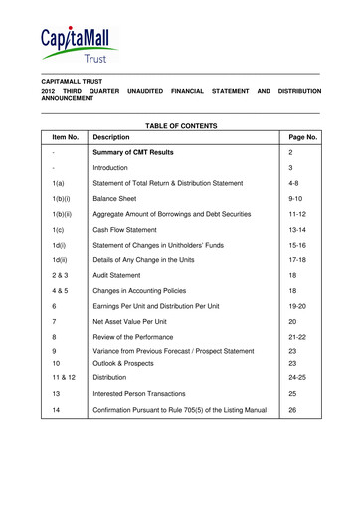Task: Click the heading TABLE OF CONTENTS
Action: click(179, 126)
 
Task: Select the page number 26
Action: click(291, 410)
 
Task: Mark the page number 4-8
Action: click(291, 184)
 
